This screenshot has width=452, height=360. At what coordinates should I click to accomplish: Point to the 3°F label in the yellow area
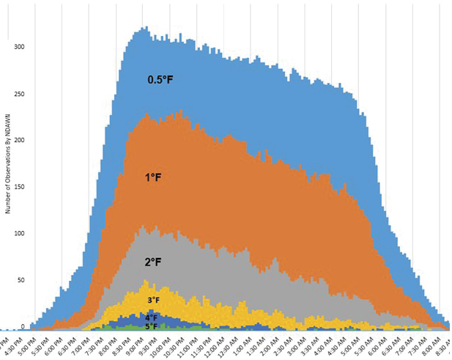[154, 300]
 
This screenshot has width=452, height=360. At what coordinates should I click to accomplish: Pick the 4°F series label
[152, 317]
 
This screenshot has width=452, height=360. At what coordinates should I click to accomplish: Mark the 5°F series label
[151, 326]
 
